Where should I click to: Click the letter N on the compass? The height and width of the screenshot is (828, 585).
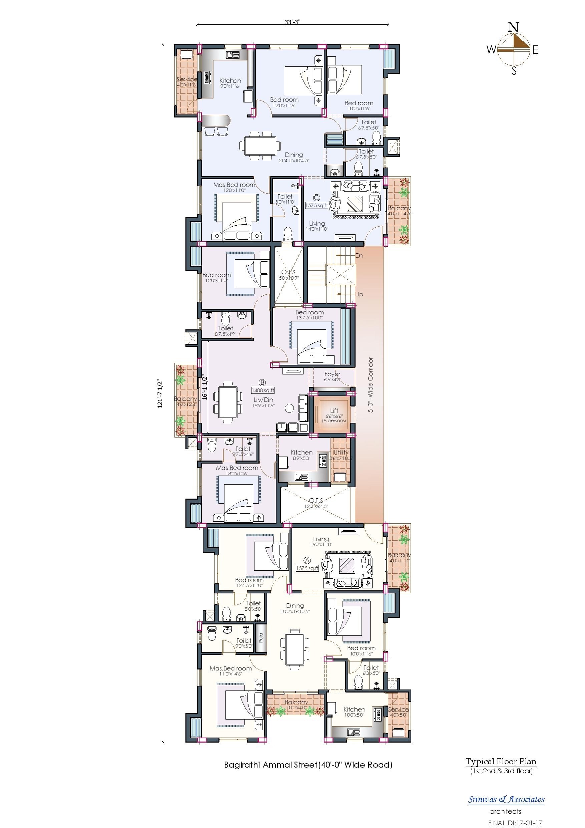(x=514, y=27)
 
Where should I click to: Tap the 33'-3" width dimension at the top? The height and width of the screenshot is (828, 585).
(x=292, y=22)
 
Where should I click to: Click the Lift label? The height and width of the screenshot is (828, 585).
(x=334, y=411)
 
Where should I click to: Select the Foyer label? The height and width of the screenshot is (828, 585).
(x=332, y=374)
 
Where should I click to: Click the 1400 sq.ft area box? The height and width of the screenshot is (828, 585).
(x=263, y=390)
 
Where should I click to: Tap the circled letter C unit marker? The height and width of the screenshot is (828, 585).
(x=317, y=197)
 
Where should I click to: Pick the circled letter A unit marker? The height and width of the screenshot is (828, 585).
(x=308, y=560)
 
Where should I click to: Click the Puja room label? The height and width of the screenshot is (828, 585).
(x=260, y=638)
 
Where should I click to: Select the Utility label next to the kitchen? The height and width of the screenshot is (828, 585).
(x=341, y=452)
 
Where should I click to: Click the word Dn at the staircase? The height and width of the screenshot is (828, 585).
(x=359, y=256)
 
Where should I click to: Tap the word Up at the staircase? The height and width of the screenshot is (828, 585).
(x=359, y=294)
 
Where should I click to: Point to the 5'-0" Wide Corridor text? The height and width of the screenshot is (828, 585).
(x=371, y=385)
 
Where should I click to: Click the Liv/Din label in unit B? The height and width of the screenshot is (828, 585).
(x=263, y=399)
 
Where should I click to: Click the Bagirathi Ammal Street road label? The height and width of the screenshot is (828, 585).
(x=308, y=765)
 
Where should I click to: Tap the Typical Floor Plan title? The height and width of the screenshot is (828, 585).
(x=501, y=762)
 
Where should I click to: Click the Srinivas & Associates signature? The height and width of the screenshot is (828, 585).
(x=506, y=799)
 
